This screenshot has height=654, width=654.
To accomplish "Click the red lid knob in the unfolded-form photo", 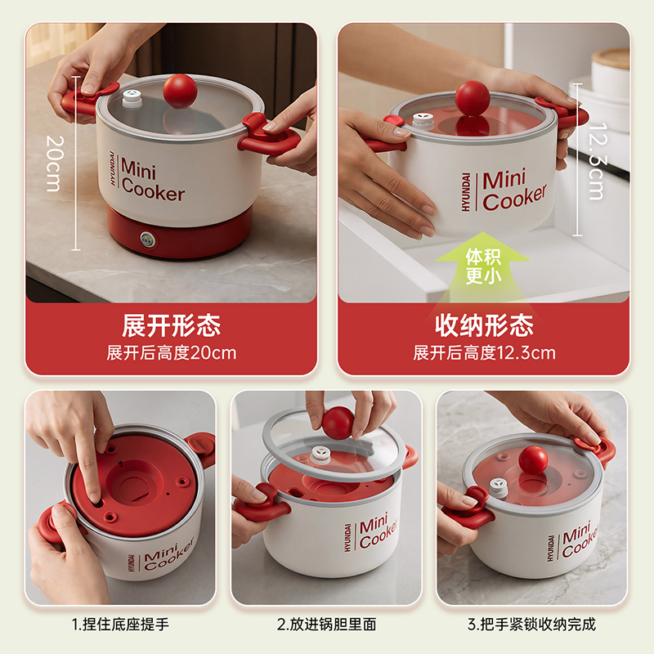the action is pos(180,91).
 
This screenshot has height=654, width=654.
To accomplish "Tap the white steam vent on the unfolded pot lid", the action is pos(132,99).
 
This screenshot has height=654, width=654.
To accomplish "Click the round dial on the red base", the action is pos(146,240).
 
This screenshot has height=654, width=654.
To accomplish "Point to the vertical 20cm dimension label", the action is pos(54,163).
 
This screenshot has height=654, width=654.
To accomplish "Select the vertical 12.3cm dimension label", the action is pos(598,161).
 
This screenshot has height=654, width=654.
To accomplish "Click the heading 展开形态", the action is pos(171,325).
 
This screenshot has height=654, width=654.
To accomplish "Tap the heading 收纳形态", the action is pos(484,325).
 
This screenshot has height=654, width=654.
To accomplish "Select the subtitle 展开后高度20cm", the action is pos(172,353).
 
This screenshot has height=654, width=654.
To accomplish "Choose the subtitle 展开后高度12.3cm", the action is pos(484,353).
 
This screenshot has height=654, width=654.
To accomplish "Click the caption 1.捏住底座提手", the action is pos(120,625).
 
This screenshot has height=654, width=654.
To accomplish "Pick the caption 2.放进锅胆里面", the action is pos(326,625).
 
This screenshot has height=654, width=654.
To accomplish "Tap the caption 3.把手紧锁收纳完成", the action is pos(532,625).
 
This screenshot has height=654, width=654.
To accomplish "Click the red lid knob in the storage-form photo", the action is pos(473,98).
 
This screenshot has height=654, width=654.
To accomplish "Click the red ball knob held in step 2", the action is pos(338,423).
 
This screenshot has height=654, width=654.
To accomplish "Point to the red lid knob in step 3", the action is pos(533,460).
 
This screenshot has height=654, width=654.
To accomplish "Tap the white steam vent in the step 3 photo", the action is pos(498,487).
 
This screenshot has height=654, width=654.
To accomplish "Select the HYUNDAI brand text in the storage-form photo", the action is pos(466,192).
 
